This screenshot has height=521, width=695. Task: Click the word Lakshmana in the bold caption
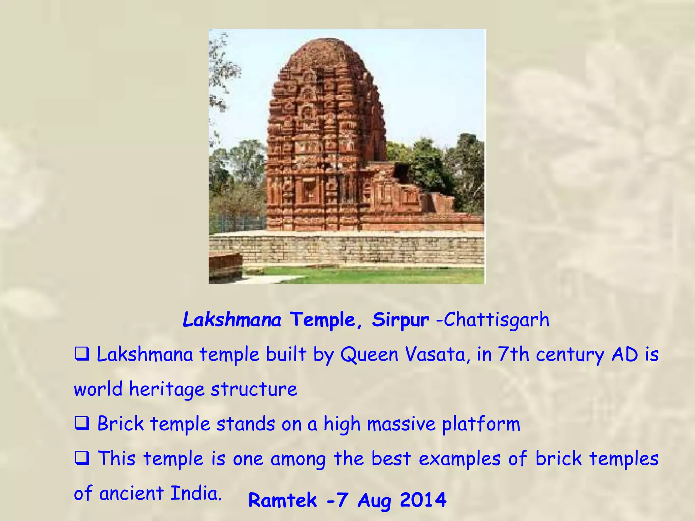pyautogui.click(x=232, y=320)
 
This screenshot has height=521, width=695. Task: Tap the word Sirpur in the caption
pyautogui.click(x=400, y=320)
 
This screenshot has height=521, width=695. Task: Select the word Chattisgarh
pyautogui.click(x=496, y=320)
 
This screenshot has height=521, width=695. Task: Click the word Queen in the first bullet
pyautogui.click(x=369, y=355)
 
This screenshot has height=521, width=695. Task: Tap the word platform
pyautogui.click(x=481, y=424)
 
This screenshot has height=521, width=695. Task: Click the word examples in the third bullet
pyautogui.click(x=459, y=459)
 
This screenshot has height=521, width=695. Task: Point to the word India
pyautogui.click(x=196, y=493)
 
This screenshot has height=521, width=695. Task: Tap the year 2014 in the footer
pyautogui.click(x=423, y=500)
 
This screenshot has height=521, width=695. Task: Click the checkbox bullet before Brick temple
pyautogui.click(x=82, y=424)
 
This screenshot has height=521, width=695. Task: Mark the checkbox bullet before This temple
pyautogui.click(x=82, y=459)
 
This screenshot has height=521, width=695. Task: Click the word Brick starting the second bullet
pyautogui.click(x=120, y=424)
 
